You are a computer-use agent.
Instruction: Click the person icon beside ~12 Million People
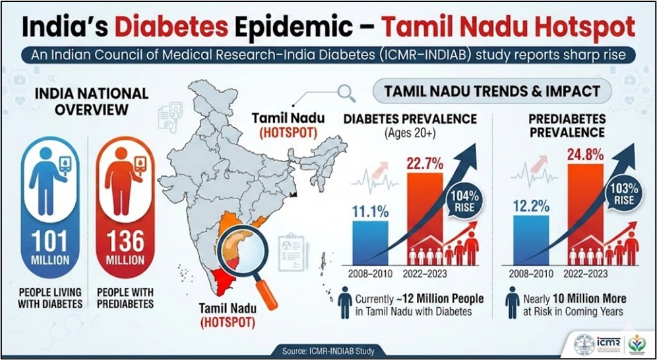[x=344, y=304]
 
